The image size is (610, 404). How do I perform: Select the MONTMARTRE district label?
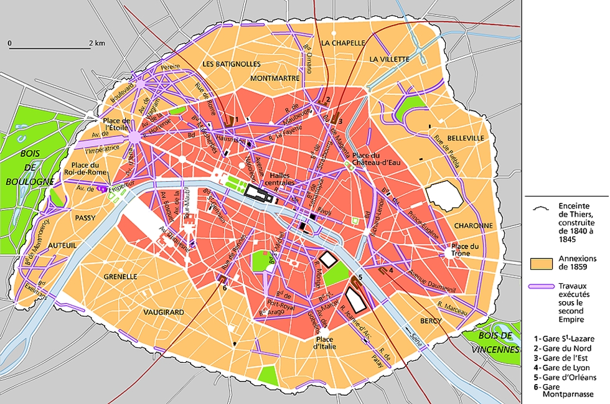(x=275, y=78)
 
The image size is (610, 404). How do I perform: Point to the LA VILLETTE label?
(x=389, y=59)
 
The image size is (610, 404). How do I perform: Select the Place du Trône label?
(x=466, y=250)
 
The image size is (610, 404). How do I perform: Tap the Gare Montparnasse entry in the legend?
(x=566, y=390)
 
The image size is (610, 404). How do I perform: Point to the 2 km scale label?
(x=96, y=43)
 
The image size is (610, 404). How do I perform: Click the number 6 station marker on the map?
(x=224, y=287)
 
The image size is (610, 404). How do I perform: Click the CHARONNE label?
(x=474, y=225)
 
